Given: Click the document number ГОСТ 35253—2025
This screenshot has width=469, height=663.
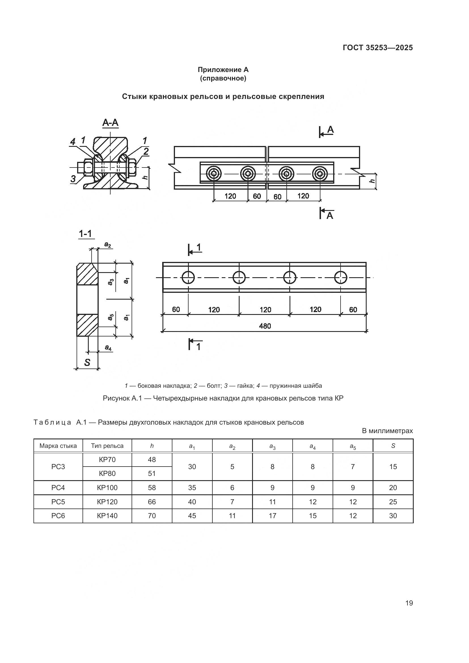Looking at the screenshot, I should (377, 48).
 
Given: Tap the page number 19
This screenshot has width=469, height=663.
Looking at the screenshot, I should (409, 603).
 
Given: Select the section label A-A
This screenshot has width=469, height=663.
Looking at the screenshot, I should (110, 123).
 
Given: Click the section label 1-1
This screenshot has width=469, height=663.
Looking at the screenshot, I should (85, 234).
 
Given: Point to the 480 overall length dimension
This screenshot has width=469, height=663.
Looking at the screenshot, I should (265, 326).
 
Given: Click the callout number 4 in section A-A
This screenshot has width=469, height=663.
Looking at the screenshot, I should (73, 142).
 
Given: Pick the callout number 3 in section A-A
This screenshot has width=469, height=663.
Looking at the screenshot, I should (73, 179).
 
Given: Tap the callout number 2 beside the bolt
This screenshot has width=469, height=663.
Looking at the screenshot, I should (146, 151).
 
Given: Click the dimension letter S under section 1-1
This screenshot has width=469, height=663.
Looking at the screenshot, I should (87, 363).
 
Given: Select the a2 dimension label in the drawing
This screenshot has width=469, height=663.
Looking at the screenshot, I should (107, 245).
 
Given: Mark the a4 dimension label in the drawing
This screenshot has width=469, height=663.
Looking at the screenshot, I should (108, 348).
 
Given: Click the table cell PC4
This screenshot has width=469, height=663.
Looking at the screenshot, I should (58, 488).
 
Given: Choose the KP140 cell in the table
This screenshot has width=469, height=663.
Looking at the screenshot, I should (107, 516).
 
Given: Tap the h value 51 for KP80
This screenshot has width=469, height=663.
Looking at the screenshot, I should (152, 474).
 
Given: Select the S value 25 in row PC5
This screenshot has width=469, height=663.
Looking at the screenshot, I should (393, 502).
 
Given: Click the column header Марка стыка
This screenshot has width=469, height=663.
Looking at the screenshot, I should (58, 446).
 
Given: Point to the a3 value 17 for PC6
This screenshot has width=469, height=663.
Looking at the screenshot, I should (272, 516).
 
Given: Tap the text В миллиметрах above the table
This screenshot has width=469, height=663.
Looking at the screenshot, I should (387, 431).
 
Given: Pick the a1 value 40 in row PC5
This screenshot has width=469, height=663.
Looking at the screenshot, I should (192, 502).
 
